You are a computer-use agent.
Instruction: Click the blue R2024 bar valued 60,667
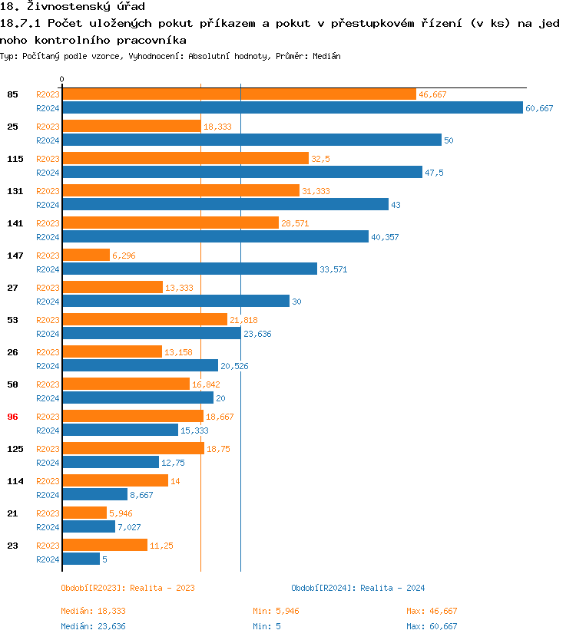coord(292,108)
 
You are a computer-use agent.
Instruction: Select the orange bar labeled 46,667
coord(239,94)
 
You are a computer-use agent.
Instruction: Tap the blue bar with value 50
coord(251,140)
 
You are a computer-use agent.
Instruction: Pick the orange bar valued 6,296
coord(86,256)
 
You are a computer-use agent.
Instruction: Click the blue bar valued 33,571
coord(189,269)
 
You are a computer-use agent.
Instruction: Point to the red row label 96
coord(12,417)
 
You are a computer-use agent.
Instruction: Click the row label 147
coord(12,256)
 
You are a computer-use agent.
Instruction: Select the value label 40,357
coord(386,237)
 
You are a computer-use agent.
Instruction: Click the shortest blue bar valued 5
coord(81,559)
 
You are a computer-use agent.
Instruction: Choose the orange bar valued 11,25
coord(104,546)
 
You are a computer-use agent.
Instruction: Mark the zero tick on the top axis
coord(62,80)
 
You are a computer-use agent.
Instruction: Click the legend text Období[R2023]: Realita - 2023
coord(127,588)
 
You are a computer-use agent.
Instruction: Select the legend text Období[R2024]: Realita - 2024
coord(358,588)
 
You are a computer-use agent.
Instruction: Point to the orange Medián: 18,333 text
coord(93,611)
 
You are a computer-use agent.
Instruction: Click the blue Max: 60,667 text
coord(432,626)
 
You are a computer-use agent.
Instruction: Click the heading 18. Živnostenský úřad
coord(73,7)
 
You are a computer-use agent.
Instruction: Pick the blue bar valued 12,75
coord(111,463)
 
